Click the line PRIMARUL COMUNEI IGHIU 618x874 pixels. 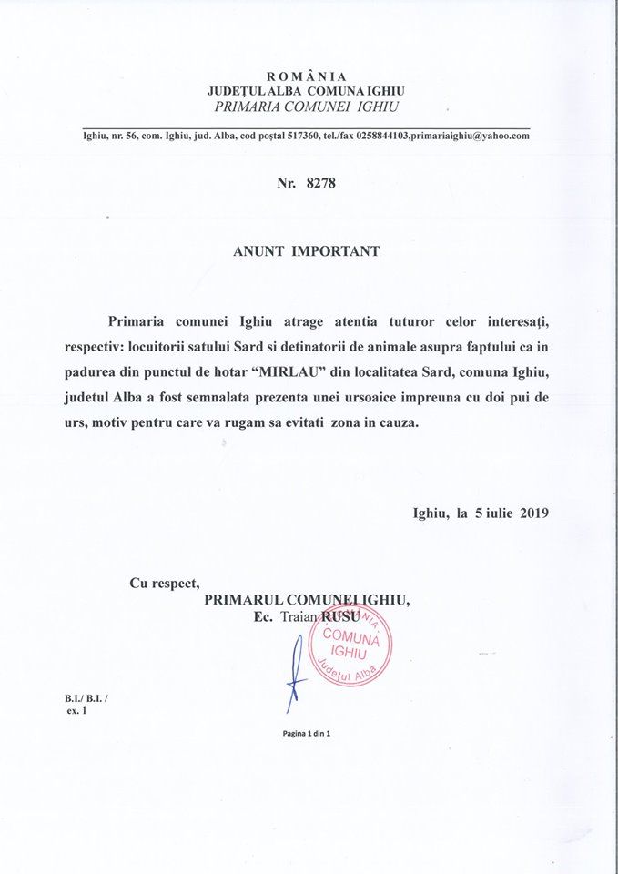tap(308, 601)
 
